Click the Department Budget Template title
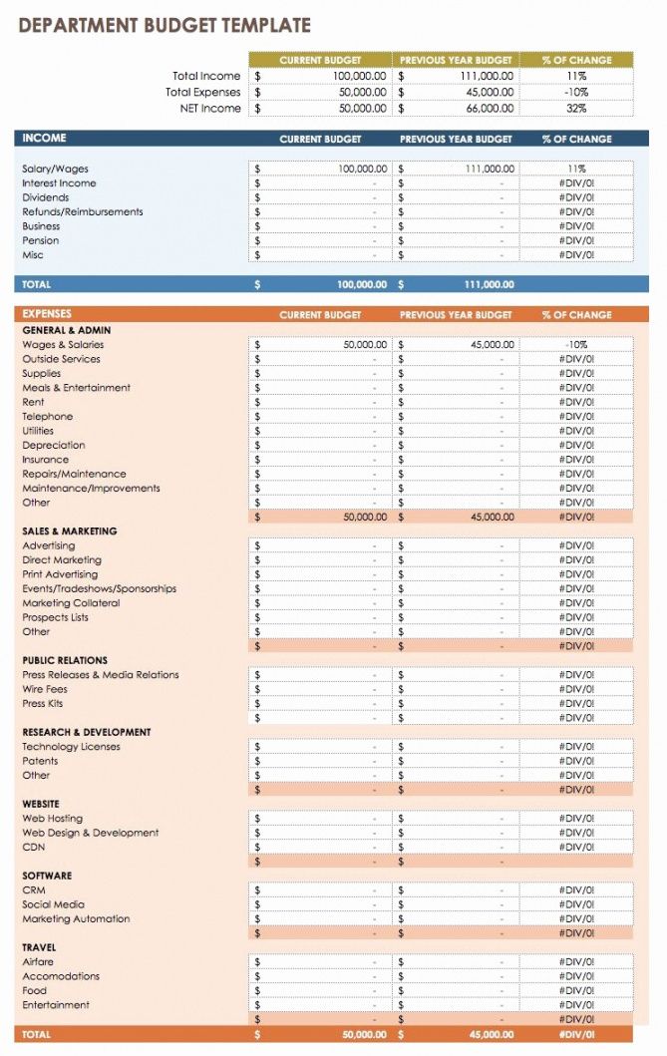point(165,26)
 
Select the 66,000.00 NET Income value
point(490,109)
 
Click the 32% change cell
point(576,109)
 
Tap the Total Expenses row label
point(202,93)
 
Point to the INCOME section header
point(45,139)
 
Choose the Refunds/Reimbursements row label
point(83,212)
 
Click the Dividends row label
point(46,197)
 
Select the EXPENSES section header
point(48,314)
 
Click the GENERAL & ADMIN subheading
point(67,330)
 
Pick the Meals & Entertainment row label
point(77,388)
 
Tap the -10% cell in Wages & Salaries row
point(576,345)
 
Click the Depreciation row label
point(54,446)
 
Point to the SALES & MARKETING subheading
point(70,531)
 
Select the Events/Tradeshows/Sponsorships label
point(100,589)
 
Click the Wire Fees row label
point(45,690)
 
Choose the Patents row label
point(41,762)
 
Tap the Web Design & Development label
point(91,834)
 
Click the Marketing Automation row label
point(77,919)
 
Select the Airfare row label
point(39,962)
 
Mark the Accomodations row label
point(62,977)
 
